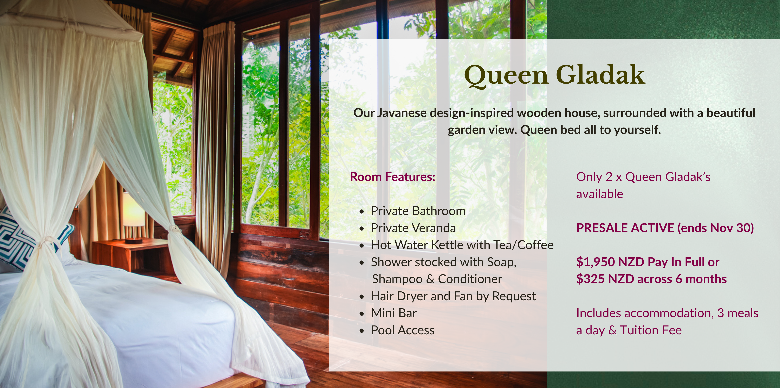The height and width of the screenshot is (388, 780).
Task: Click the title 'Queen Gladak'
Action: coord(554,76)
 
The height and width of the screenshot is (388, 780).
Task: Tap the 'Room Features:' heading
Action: coord(392,177)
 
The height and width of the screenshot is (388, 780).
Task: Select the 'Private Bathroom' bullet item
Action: coord(418,211)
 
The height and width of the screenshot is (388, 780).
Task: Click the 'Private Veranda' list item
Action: coord(413,228)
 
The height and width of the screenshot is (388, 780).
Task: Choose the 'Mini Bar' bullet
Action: coord(394,313)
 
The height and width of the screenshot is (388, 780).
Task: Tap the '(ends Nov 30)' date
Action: coord(715,228)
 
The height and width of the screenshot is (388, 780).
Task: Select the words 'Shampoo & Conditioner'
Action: coord(437,279)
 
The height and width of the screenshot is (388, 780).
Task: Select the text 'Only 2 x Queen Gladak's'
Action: coord(643,177)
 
